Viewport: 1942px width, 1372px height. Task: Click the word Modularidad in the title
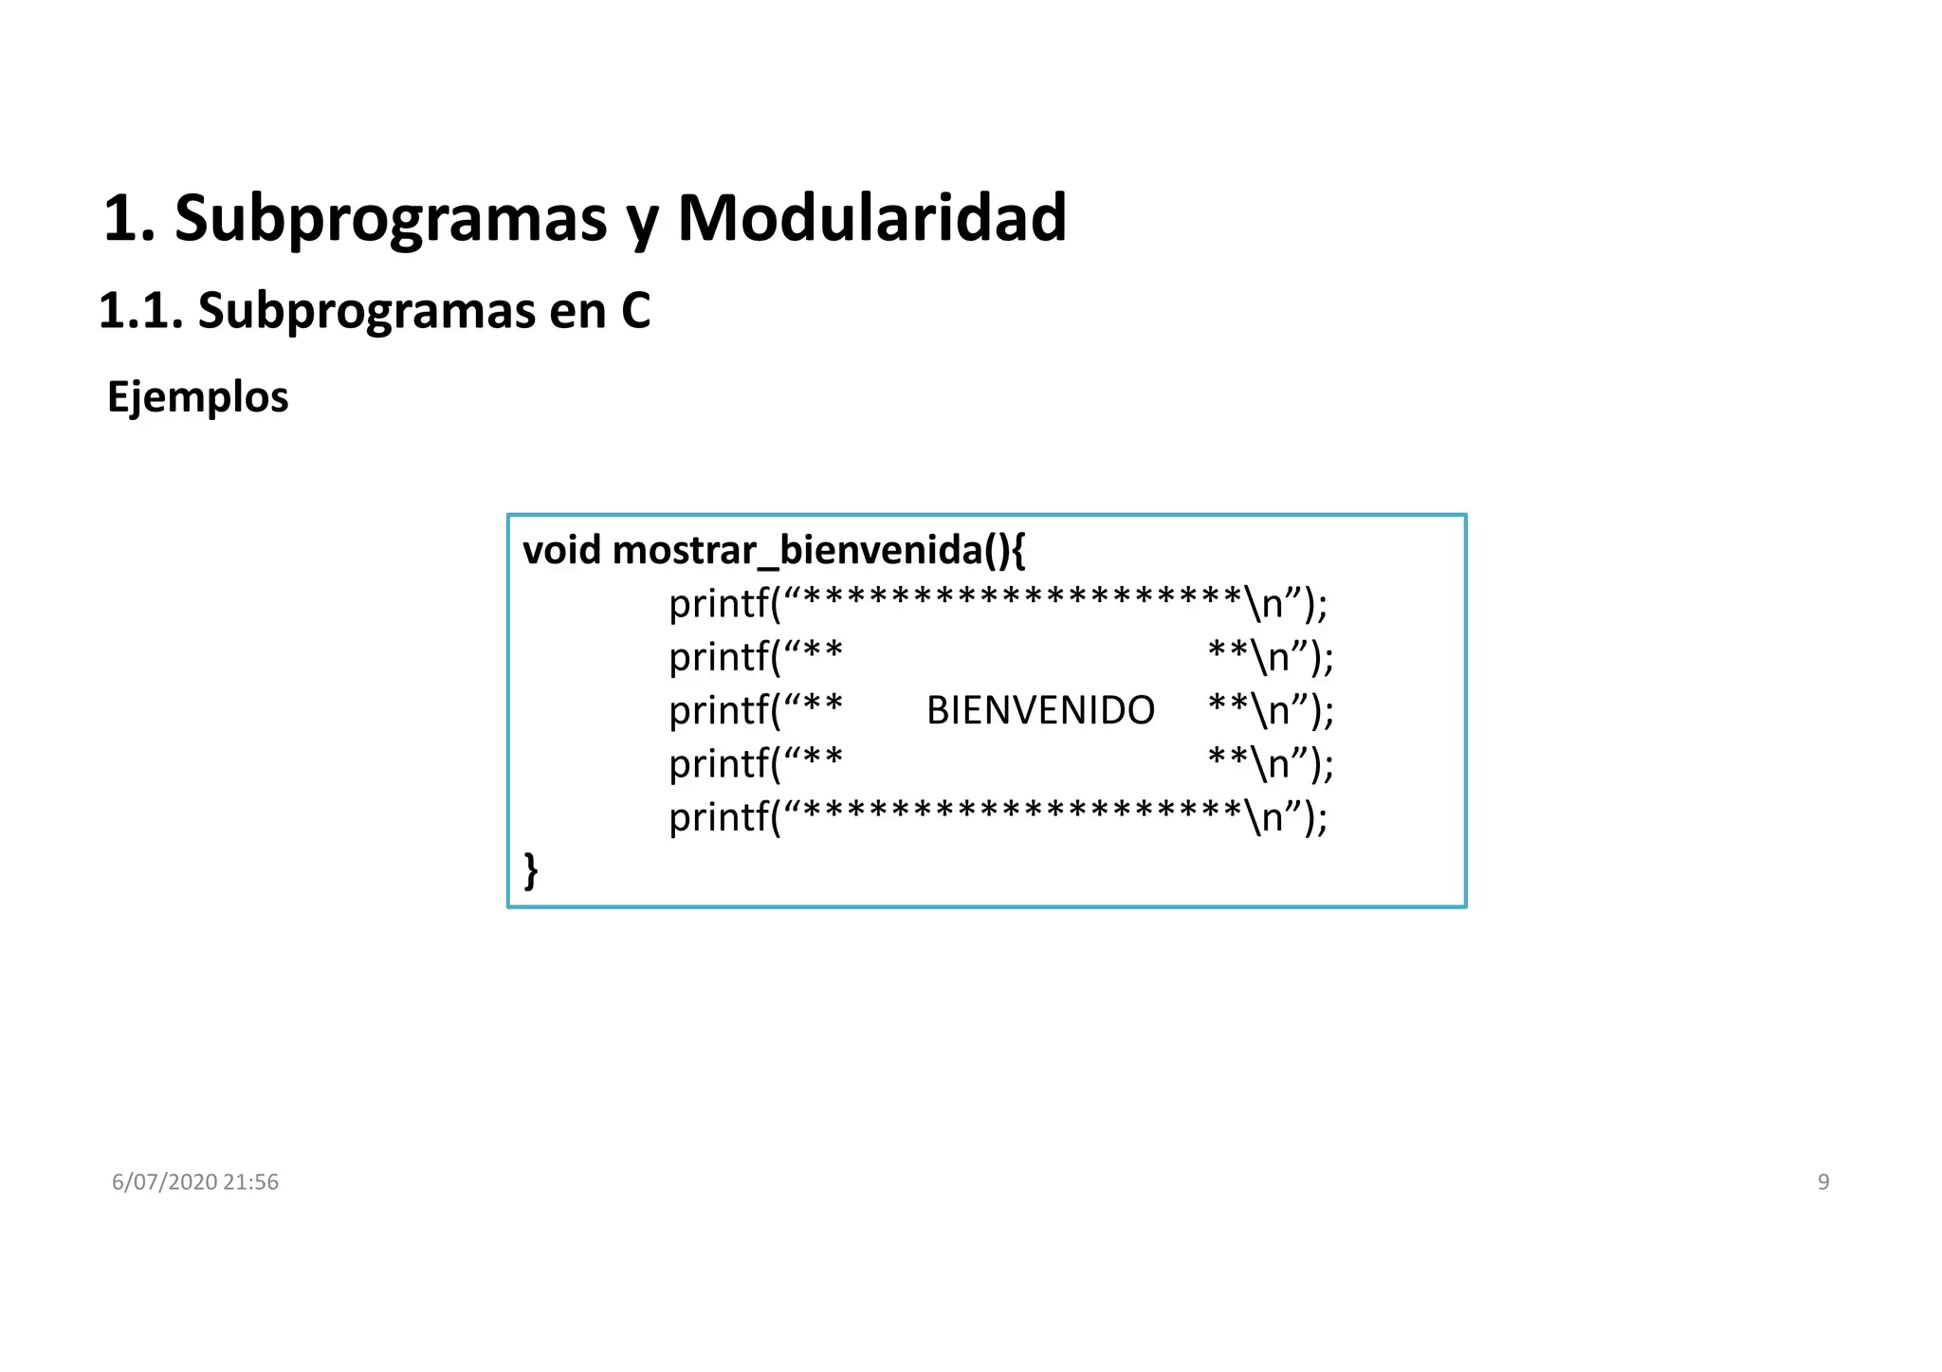pyautogui.click(x=871, y=218)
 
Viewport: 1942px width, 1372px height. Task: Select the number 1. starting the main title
pyautogui.click(x=129, y=218)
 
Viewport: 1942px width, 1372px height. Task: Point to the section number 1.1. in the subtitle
pyautogui.click(x=140, y=311)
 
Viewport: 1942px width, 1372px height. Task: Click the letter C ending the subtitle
pyautogui.click(x=635, y=311)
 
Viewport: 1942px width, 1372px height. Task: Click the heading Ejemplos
pyautogui.click(x=197, y=396)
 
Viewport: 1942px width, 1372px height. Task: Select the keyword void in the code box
pyautogui.click(x=561, y=550)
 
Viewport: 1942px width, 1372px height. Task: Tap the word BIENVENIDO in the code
pyautogui.click(x=1040, y=710)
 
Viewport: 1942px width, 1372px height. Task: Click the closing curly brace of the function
pyautogui.click(x=531, y=869)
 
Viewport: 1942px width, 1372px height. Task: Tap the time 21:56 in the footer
pyautogui.click(x=251, y=1181)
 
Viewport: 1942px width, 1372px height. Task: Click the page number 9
pyautogui.click(x=1823, y=1181)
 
